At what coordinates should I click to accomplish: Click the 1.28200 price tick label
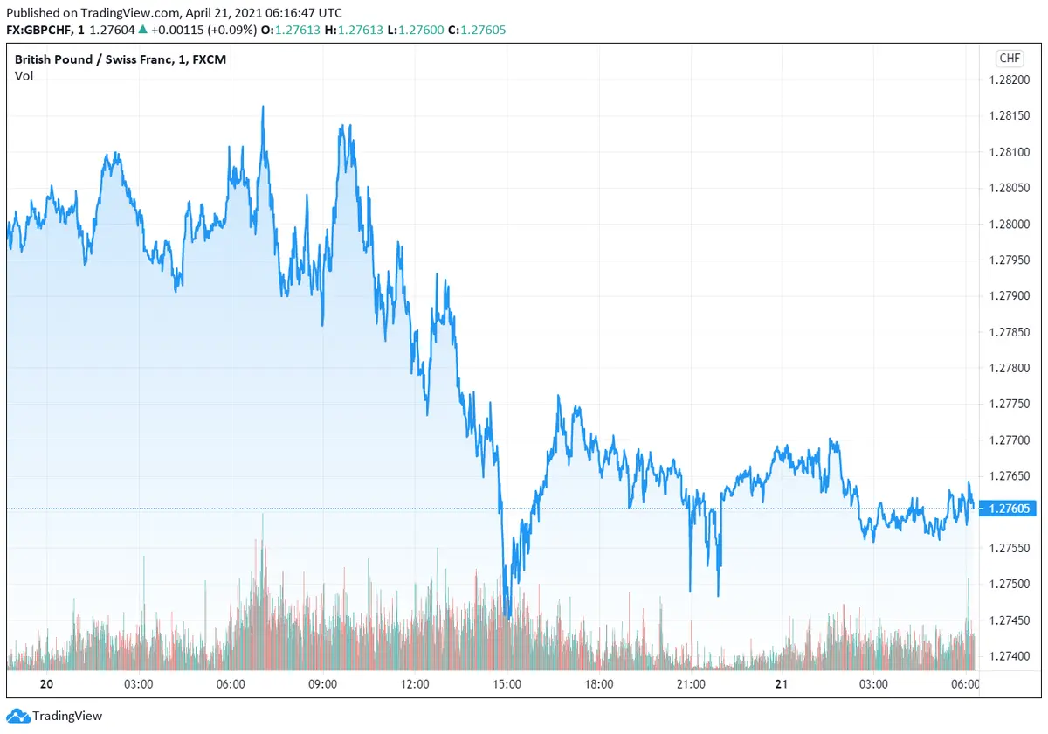coord(1009,80)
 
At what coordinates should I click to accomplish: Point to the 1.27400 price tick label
coord(1009,655)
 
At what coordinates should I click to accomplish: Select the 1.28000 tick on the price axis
coord(1009,225)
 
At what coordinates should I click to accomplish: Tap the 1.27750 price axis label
coord(1009,404)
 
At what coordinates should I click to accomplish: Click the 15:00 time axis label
coord(507,684)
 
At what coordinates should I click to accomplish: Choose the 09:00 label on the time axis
coord(322,684)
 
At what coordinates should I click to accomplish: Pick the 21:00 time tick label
coord(691,684)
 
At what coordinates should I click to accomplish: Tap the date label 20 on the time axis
coord(47,684)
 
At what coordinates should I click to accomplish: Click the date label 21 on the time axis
coord(783,684)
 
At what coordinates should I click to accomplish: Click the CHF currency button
coord(1009,59)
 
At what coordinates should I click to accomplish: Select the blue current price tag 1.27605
coord(1010,509)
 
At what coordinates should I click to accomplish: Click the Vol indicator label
coord(24,76)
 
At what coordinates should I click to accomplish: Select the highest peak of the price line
coord(262,107)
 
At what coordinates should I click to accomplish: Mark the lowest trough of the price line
coord(507,617)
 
